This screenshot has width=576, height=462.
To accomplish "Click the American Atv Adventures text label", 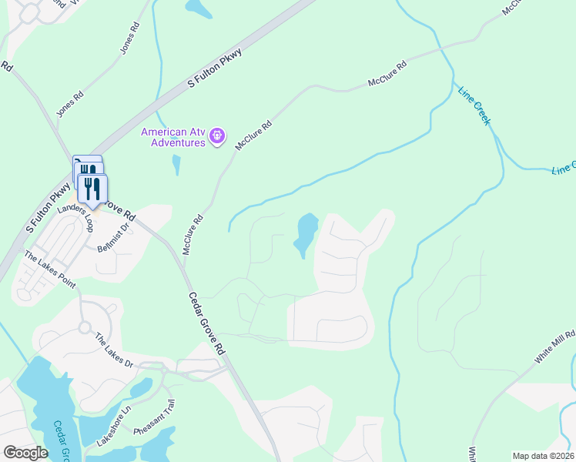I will [172, 136].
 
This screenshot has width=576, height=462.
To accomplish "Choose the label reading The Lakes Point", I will [51, 269].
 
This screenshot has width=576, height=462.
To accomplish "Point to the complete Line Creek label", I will [474, 106].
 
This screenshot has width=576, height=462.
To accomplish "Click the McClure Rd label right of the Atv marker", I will [253, 135].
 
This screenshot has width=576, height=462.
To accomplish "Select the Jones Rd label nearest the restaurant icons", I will [70, 110].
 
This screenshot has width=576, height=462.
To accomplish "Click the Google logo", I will [25, 453].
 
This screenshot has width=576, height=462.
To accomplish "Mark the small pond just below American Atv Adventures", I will [177, 165].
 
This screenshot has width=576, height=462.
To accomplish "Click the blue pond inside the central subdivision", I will [306, 234].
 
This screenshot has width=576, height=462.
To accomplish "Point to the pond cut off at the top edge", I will [198, 8].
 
